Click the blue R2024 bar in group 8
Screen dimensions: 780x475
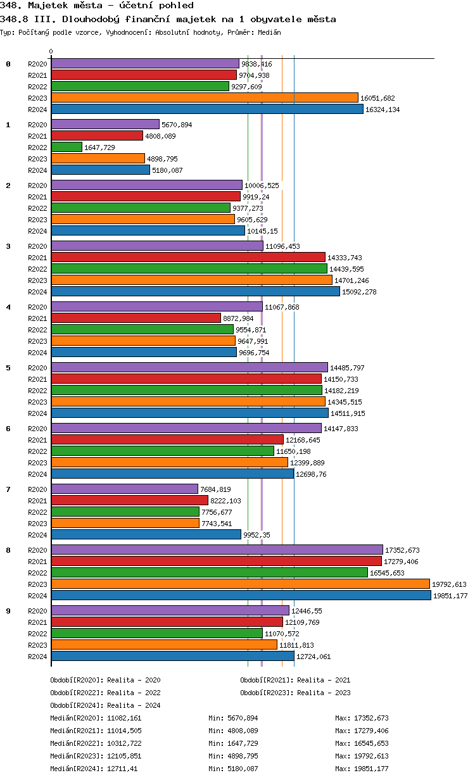coord(241,595)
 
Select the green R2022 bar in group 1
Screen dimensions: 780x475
coord(66,147)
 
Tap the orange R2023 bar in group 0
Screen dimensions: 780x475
coord(205,97)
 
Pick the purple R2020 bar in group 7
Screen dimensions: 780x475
coord(124,489)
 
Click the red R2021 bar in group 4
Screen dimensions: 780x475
coord(136,318)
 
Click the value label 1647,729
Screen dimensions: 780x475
coord(101,148)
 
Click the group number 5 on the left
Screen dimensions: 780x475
coord(8,368)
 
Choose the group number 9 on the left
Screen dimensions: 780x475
coord(8,611)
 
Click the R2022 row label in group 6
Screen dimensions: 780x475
coord(37,451)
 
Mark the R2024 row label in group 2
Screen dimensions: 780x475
coord(37,231)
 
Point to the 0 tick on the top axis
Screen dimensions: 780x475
coord(51,52)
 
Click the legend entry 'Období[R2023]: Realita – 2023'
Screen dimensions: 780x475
coord(295,693)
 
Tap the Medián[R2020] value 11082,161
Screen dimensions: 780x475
coord(123,718)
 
